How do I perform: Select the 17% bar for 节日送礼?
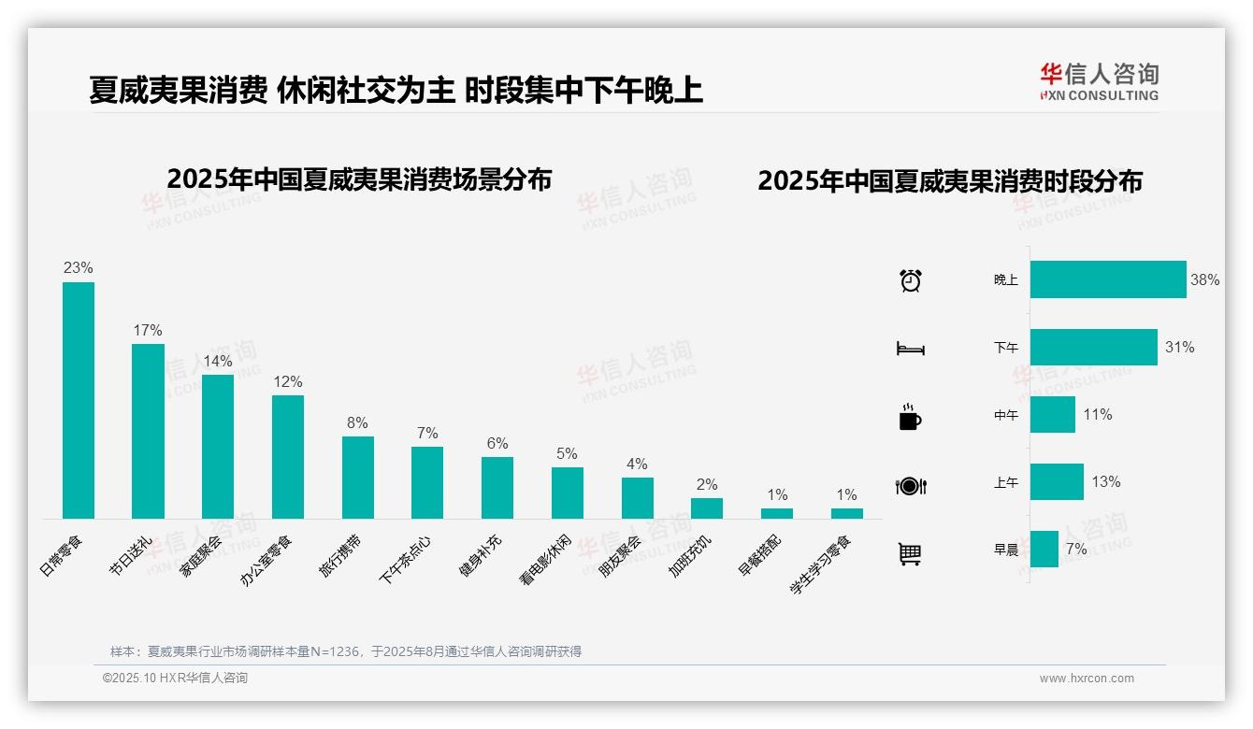coord(148,431)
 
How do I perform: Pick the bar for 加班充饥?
coord(707,507)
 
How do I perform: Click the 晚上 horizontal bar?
coord(1108,279)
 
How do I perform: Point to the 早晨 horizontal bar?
coord(1044,549)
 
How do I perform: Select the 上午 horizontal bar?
coord(1057,481)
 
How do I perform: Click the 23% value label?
coord(79,267)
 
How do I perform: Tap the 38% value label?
coord(1204,279)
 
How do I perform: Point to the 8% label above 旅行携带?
coord(357,422)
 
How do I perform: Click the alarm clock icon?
coord(910,280)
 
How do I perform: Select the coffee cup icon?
coord(910,417)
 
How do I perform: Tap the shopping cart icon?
coord(910,553)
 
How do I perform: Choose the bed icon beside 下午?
coord(910,349)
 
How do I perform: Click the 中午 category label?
coord(1006,415)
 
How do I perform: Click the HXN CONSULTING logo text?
coord(1100,95)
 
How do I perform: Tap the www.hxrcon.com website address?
coord(1087,679)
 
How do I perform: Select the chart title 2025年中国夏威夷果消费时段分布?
coord(950,181)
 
